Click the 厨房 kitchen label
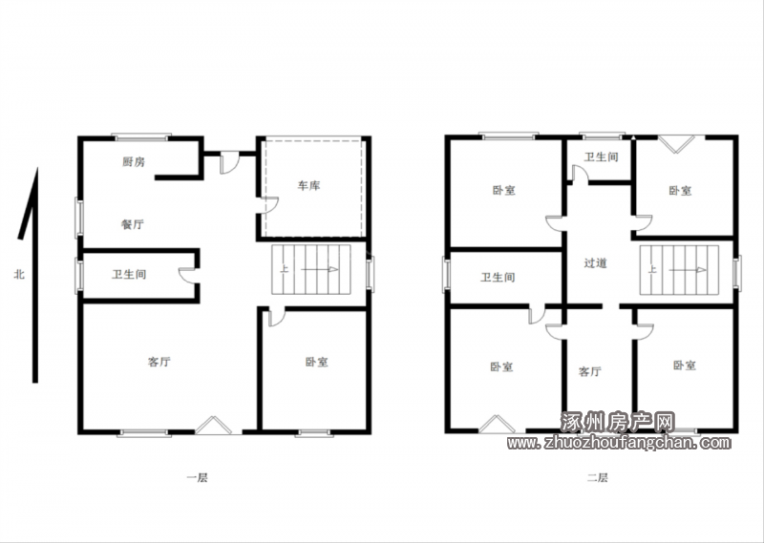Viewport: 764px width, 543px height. (x=134, y=161)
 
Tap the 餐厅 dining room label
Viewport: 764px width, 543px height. (x=133, y=224)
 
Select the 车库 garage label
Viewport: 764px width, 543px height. (x=308, y=185)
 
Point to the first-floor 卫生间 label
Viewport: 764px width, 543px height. (x=129, y=275)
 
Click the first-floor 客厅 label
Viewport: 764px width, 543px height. (x=159, y=362)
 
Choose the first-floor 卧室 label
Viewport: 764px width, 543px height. (x=317, y=362)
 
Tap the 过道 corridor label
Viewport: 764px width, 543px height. (x=595, y=263)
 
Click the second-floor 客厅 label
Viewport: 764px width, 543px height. (x=589, y=371)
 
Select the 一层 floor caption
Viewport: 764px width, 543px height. (x=198, y=478)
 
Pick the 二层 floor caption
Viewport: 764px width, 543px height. (x=598, y=478)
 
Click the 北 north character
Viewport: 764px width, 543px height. (x=19, y=275)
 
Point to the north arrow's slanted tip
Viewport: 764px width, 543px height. (x=36, y=169)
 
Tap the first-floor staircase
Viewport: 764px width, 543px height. (x=311, y=269)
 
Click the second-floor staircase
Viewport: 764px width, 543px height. (x=679, y=270)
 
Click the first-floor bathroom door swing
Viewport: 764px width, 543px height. (x=186, y=275)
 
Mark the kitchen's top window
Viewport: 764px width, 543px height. (x=141, y=136)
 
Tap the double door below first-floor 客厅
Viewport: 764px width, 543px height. (x=213, y=425)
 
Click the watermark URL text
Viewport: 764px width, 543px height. (x=619, y=443)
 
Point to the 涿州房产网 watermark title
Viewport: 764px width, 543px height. (x=618, y=422)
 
